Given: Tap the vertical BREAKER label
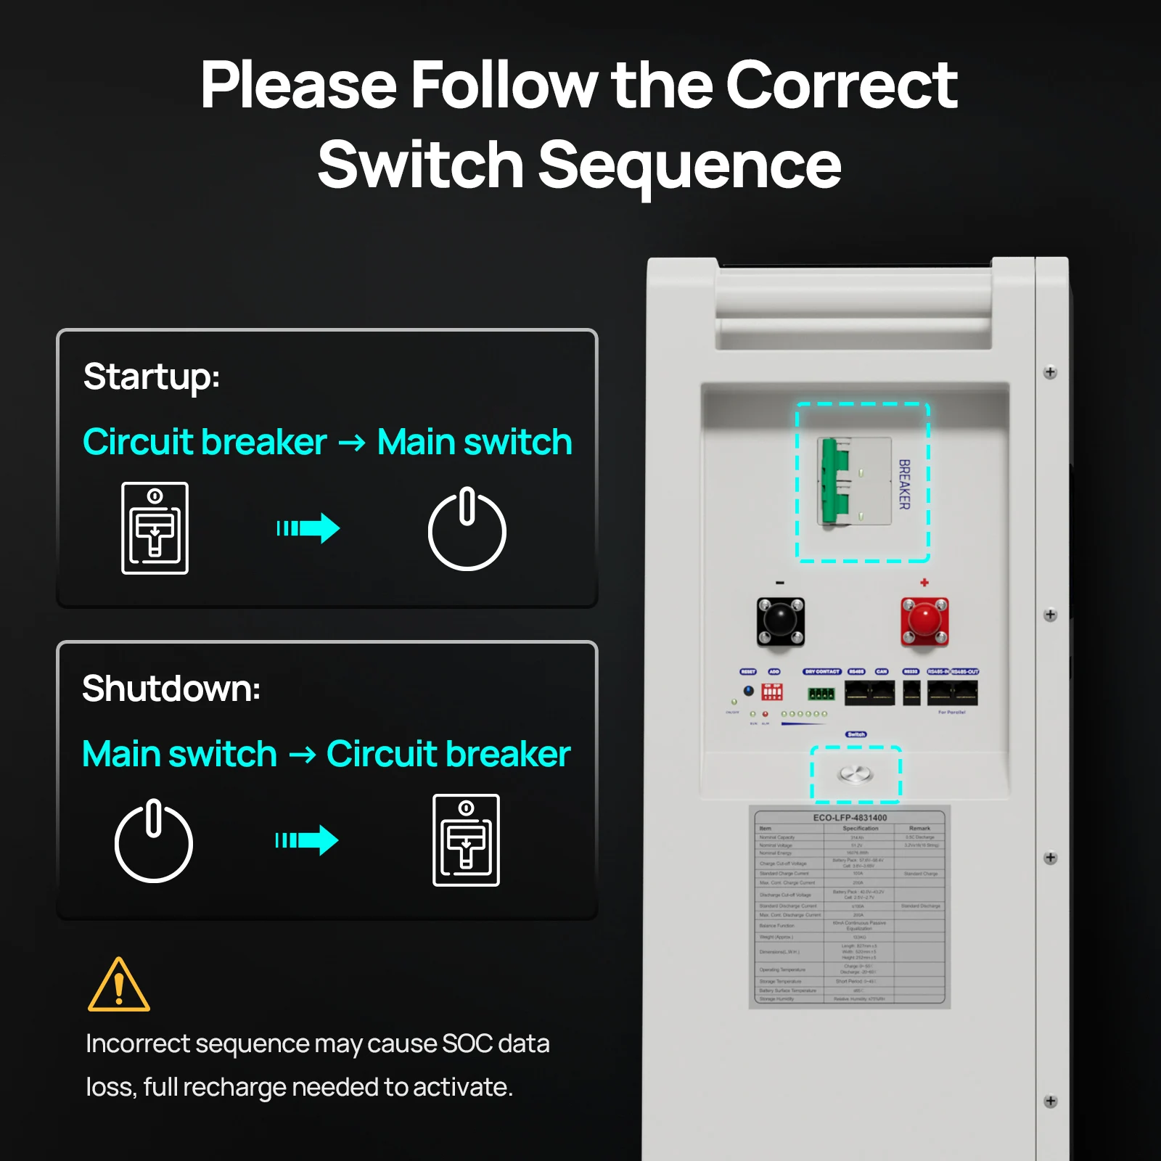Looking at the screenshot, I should point(904,484).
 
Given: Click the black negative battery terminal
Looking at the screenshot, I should point(780,621).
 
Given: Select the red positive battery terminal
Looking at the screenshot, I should point(924,621).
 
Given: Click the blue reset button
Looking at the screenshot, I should point(748,691).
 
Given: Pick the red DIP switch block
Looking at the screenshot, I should point(772,692).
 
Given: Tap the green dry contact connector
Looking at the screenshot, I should point(821,694).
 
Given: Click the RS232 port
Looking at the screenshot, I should point(911,693).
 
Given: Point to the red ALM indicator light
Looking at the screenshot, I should point(766,714).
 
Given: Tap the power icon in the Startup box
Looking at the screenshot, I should point(467,530).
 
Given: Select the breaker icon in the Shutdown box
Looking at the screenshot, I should point(466,840).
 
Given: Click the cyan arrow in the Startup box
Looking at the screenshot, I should point(308,528).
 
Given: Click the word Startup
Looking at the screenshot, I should point(151,377).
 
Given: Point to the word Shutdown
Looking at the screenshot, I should point(171,689).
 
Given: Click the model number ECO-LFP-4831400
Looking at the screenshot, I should point(850,818).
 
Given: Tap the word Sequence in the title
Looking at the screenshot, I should point(689,165).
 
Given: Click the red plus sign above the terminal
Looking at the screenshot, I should point(924,582).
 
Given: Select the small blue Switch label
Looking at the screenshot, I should point(856,734).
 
